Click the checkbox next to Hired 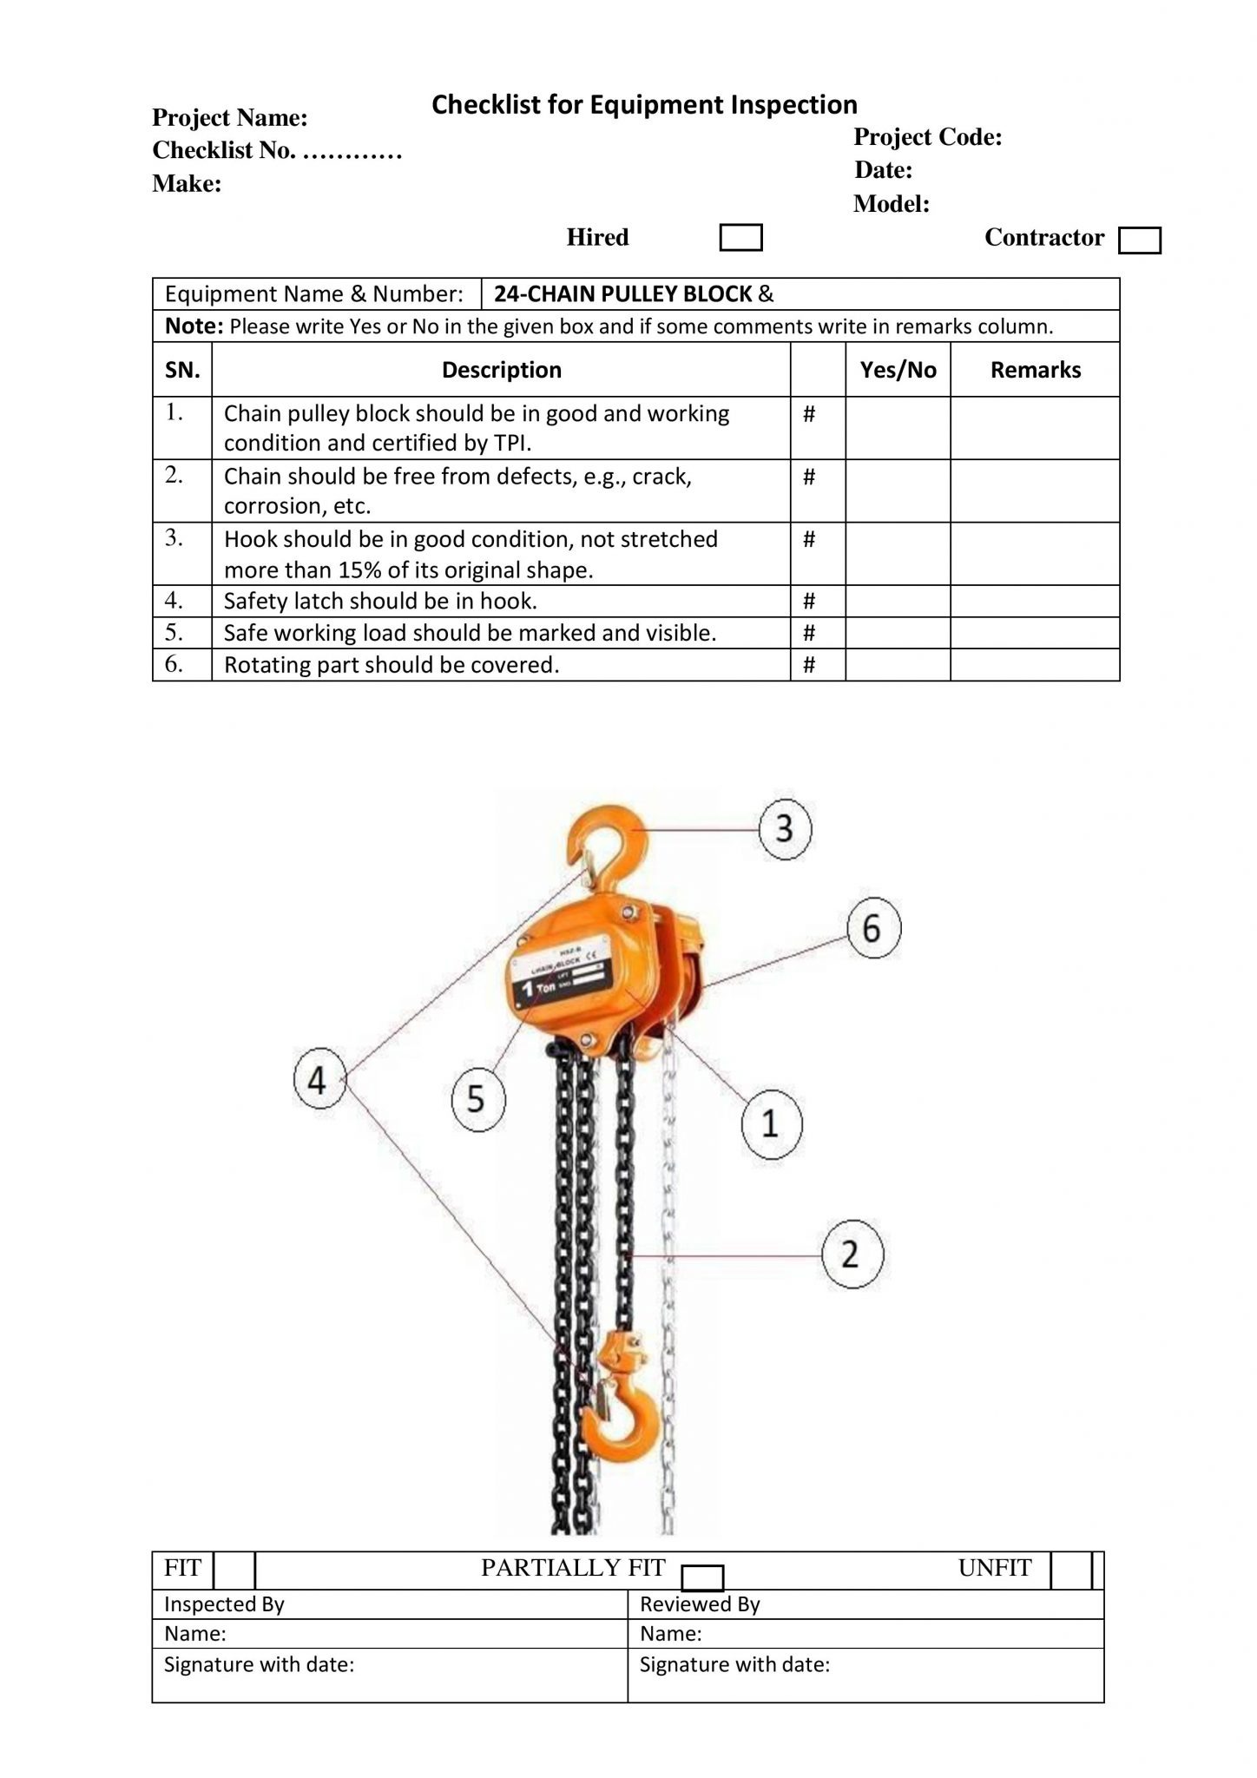tap(740, 238)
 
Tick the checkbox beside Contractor tap(1139, 240)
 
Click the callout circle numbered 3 tap(785, 829)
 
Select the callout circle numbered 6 tap(873, 928)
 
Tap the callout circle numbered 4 tap(319, 1081)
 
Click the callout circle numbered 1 tap(771, 1124)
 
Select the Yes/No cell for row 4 tap(898, 601)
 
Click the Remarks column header tap(1035, 370)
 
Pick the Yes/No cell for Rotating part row tap(898, 665)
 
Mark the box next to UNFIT tap(1069, 1570)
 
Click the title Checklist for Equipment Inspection tap(644, 105)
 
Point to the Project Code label tap(927, 137)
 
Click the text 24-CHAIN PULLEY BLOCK tap(622, 294)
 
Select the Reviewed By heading tap(700, 1604)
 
